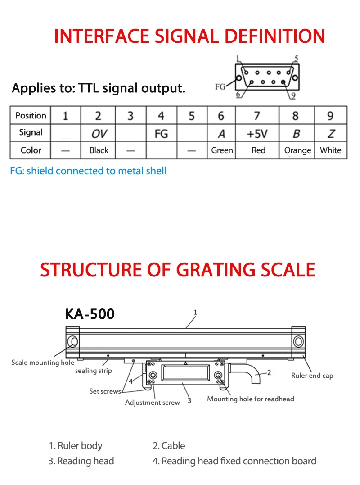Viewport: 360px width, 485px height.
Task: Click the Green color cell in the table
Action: (x=222, y=150)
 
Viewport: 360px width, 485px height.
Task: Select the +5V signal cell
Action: (x=256, y=133)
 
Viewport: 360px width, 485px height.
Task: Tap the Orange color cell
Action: (x=297, y=150)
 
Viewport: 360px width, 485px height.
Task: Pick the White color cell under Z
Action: (x=331, y=150)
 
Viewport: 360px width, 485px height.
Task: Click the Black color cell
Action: (x=99, y=150)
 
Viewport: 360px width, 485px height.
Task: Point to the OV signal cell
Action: (x=99, y=133)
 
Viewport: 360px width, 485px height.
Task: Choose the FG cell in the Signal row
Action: (x=161, y=133)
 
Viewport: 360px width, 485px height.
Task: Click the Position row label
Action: (x=31, y=116)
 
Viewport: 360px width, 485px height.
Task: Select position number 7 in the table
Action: (x=256, y=116)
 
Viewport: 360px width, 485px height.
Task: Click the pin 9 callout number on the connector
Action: (x=292, y=95)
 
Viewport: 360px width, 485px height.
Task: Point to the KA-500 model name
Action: (x=90, y=313)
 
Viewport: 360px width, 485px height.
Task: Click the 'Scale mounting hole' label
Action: (x=43, y=363)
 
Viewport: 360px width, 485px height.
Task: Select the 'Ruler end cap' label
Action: (x=312, y=376)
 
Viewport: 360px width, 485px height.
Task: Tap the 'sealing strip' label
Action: (x=93, y=371)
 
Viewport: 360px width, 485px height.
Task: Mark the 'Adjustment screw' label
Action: (x=152, y=403)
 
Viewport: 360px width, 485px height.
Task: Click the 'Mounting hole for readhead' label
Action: (x=250, y=399)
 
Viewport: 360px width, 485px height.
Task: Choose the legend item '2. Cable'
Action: (x=169, y=446)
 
